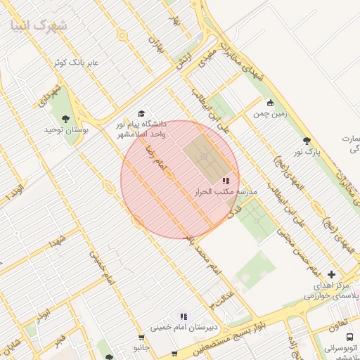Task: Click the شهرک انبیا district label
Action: tap(39, 26)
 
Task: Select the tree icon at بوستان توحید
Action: tap(66, 119)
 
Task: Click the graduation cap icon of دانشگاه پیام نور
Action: tap(141, 113)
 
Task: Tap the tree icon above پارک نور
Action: tap(307, 141)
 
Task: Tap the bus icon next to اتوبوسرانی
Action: tap(329, 347)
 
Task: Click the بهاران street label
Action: tap(155, 44)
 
